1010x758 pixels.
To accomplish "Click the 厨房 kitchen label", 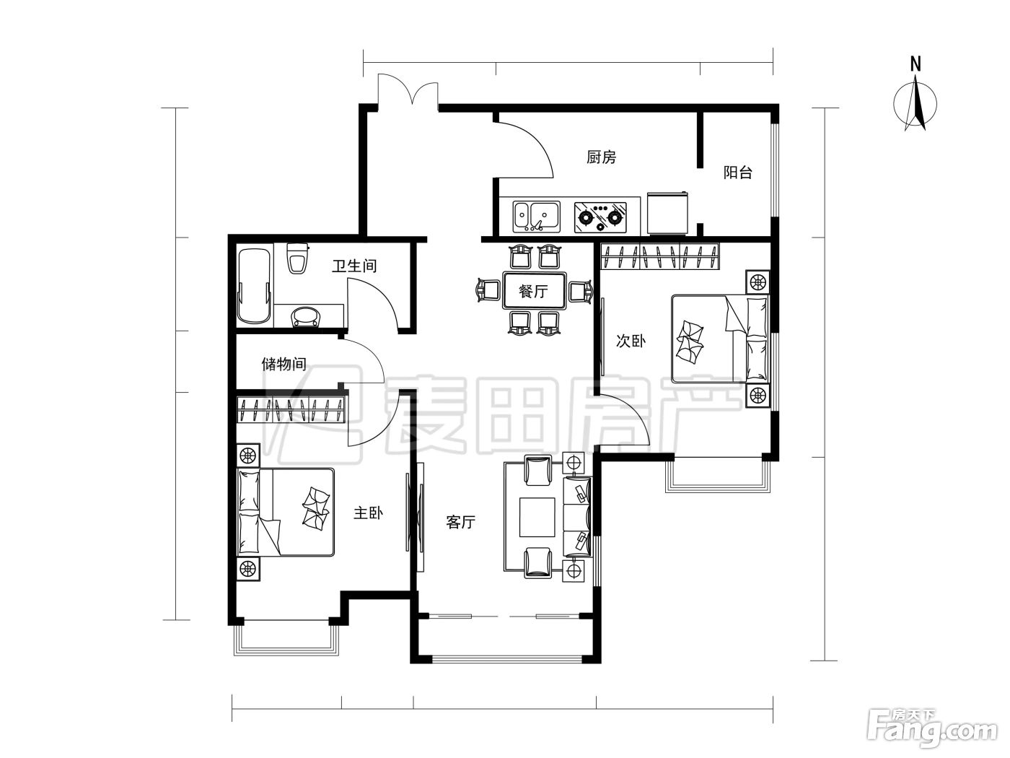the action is (601, 157).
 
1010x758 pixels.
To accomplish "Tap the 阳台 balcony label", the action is (737, 173).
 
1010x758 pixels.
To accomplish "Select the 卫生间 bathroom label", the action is (354, 266).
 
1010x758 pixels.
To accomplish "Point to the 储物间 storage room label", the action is (284, 364).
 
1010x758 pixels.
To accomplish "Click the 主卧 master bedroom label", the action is (368, 513).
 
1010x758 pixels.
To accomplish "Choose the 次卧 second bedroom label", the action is (631, 341).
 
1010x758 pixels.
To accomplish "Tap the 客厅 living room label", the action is (460, 522).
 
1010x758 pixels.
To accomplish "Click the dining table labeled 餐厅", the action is (534, 291).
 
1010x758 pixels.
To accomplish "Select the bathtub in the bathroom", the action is (255, 286).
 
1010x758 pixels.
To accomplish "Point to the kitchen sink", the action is (537, 217).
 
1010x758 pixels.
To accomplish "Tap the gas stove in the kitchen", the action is (600, 217).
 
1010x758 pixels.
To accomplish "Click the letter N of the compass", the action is (915, 64).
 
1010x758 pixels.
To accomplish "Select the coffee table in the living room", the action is (537, 517).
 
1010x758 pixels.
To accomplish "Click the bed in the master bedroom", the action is (285, 513).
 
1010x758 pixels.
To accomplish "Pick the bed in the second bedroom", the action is (720, 339).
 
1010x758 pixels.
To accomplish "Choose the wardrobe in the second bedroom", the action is (660, 256).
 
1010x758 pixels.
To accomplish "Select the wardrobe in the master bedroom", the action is (291, 409).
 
